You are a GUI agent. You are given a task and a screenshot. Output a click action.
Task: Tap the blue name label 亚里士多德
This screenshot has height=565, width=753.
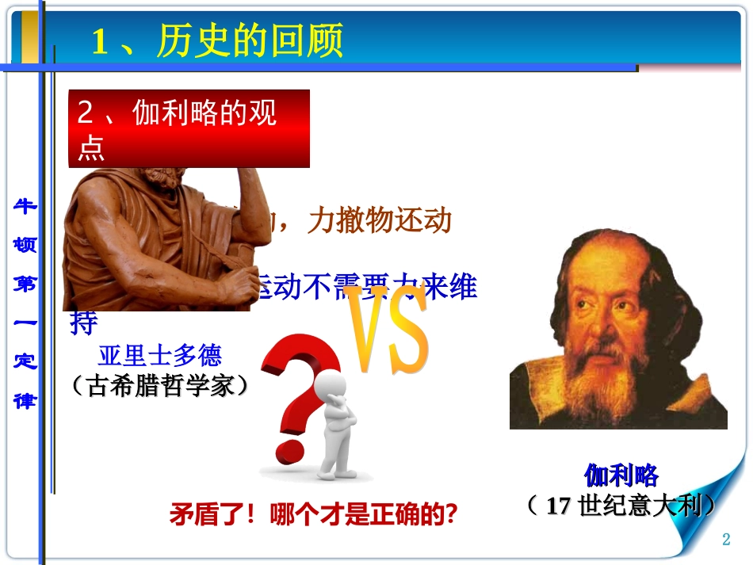160,353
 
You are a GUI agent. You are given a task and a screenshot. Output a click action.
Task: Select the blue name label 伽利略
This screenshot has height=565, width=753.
621,475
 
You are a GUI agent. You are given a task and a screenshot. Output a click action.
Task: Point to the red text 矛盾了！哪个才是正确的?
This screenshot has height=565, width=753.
314,516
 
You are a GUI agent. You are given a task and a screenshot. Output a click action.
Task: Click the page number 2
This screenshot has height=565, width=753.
725,540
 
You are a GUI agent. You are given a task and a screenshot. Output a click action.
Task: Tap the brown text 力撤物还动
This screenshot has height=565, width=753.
380,221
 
